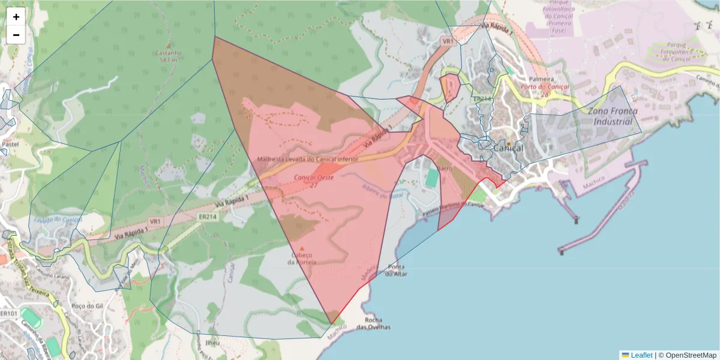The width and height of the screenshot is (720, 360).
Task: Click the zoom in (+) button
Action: (16, 17)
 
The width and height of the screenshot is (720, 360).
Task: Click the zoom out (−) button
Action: (16, 35)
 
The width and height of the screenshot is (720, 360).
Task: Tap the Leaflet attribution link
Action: (641, 355)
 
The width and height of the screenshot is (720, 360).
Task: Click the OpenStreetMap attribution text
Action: (691, 355)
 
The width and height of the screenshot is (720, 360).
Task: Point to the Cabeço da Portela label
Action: (302, 259)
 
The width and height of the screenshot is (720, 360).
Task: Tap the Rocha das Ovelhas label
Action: (373, 323)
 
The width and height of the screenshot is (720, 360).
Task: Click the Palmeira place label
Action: (541, 79)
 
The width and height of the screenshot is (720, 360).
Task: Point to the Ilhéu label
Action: (212, 343)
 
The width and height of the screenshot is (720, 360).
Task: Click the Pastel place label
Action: (10, 145)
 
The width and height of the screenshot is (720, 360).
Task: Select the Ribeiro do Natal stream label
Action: (385, 191)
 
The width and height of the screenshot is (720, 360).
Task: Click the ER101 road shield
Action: (8, 314)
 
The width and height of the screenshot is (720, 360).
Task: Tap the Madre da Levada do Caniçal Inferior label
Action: (307, 160)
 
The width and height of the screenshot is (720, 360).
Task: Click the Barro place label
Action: (445, 169)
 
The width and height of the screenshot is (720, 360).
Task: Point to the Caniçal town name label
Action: (508, 148)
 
